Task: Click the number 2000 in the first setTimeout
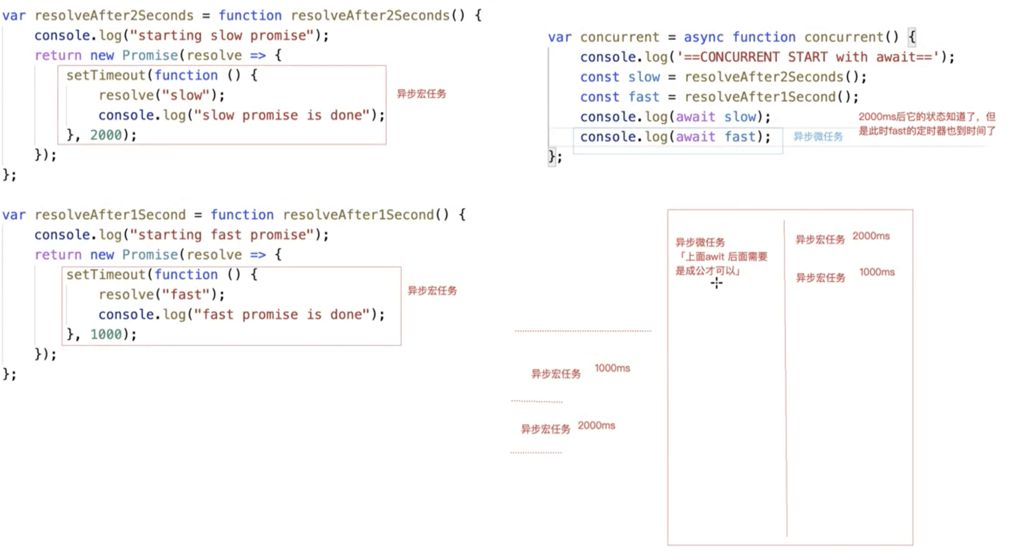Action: [106, 135]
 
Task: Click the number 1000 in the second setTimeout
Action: [106, 334]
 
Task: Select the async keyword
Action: [703, 37]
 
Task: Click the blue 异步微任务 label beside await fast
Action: [818, 137]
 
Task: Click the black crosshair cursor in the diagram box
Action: [716, 283]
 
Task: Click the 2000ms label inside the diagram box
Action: [871, 236]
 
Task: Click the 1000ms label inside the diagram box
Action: [877, 272]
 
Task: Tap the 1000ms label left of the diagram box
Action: [612, 368]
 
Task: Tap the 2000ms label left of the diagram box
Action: [596, 425]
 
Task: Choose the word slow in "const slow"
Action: [644, 77]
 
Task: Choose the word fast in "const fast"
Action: [644, 97]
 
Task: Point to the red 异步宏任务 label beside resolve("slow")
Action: [421, 94]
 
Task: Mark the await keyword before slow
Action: [695, 117]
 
